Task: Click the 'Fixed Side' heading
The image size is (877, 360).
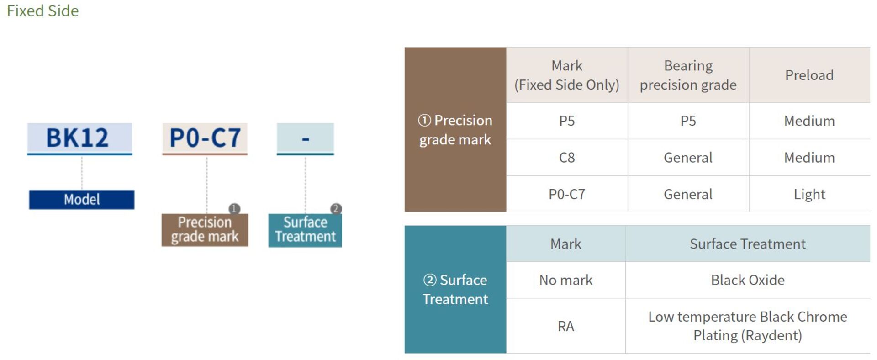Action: pos(42,11)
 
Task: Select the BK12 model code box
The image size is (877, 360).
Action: pos(79,138)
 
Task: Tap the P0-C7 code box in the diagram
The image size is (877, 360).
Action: pos(205,138)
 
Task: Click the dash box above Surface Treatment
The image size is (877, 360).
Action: pos(305,138)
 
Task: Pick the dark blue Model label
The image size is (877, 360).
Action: pos(82,200)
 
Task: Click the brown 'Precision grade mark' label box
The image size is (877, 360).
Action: pos(205,230)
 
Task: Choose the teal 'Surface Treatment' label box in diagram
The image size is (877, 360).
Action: pos(305,230)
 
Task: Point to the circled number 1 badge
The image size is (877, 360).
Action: pos(234,209)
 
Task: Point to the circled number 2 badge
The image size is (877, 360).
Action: pos(336,209)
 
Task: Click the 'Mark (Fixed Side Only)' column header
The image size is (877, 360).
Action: pos(567,75)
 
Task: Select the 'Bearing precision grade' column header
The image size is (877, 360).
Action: pos(688,75)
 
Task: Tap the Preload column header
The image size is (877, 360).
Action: pos(809,75)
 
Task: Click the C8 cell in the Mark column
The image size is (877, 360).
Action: pos(567,158)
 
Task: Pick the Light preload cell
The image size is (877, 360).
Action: pos(809,194)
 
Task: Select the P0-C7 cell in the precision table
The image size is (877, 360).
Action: pos(567,194)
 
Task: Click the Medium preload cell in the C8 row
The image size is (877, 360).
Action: pos(809,158)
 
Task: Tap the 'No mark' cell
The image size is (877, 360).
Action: pos(566,280)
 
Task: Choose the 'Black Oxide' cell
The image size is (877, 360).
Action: pos(748,280)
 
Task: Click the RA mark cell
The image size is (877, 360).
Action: pos(566,326)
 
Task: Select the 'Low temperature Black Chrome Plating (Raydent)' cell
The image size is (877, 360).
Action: pos(748,326)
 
